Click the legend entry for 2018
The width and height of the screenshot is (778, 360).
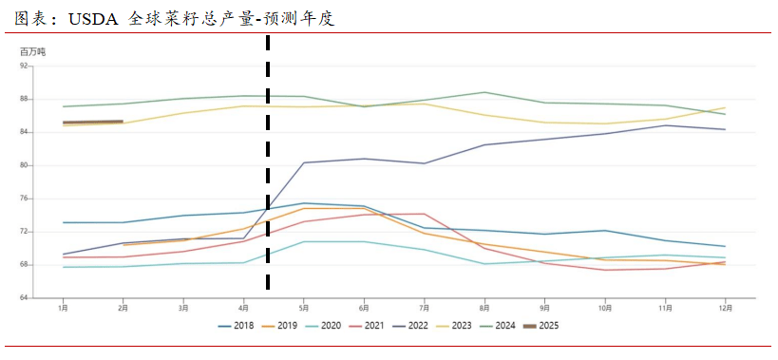pos(237,326)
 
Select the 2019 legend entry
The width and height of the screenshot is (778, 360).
pos(281,326)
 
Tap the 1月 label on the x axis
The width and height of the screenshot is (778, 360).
pos(63,308)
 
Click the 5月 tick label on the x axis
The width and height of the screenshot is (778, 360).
pos(304,308)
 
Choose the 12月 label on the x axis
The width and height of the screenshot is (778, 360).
pos(726,308)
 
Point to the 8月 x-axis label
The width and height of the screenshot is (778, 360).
pos(484,308)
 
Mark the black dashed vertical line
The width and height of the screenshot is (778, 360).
pos(268,171)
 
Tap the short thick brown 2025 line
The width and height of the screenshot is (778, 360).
pos(93,122)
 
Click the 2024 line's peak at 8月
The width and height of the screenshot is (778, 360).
pos(484,92)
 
